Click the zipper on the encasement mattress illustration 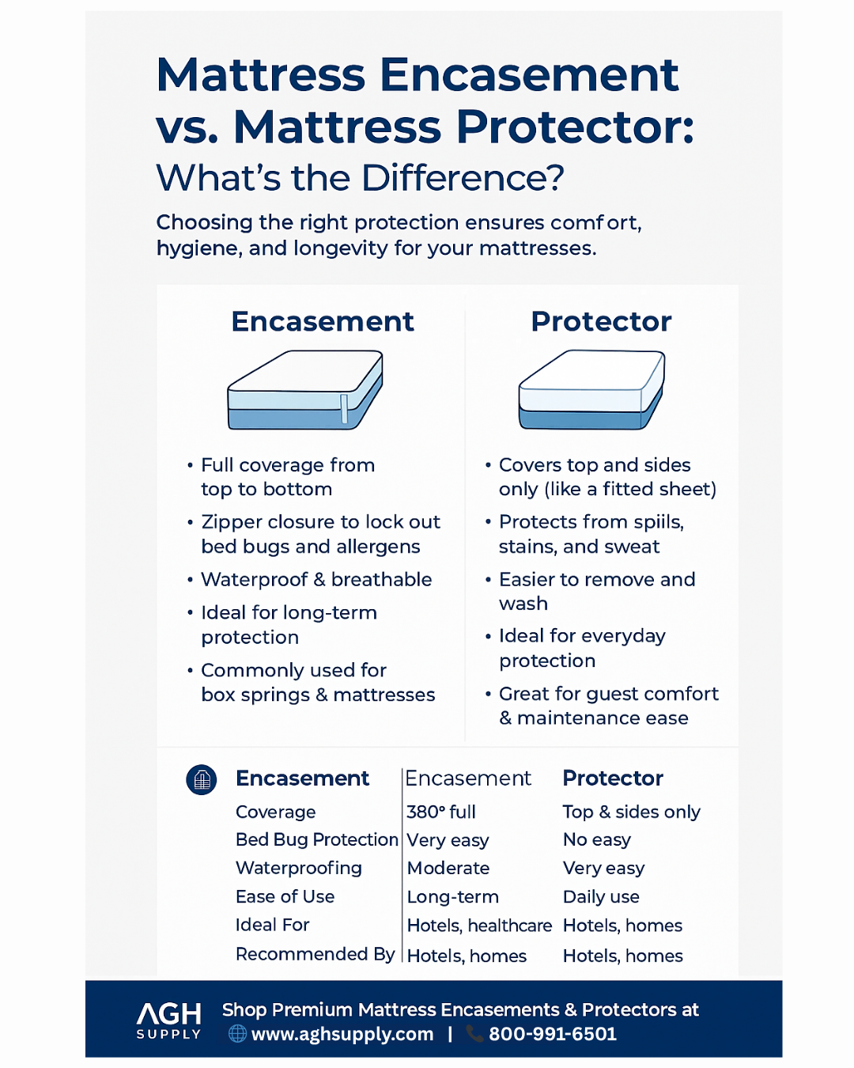344,409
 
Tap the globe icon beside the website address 237,1034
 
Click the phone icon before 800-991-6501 474,1034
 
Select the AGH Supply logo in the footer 168,1021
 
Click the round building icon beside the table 202,780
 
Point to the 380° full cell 441,812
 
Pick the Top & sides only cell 631,812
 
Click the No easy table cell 597,839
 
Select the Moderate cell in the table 448,868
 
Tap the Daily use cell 601,897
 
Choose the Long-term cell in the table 452,897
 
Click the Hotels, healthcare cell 479,926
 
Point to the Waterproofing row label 299,869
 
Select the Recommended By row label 315,954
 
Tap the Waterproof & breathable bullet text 316,580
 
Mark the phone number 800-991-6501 553,1034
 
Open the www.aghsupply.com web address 342,1035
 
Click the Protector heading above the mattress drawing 602,322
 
